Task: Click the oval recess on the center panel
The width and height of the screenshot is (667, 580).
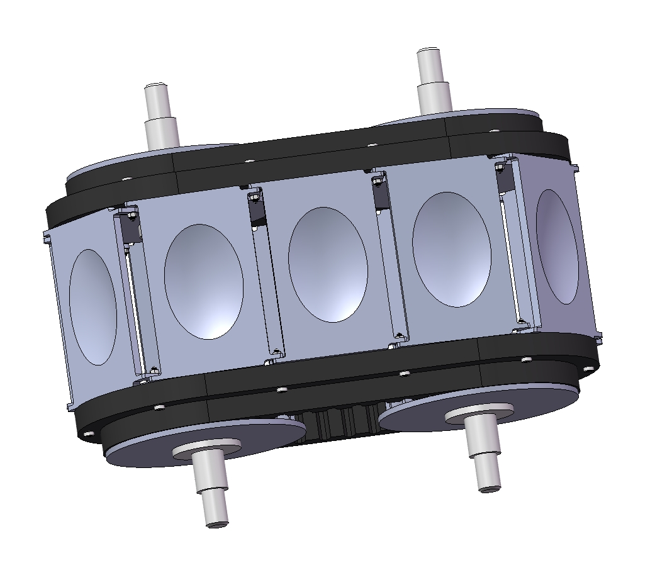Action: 327,264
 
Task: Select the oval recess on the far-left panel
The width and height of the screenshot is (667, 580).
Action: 93,306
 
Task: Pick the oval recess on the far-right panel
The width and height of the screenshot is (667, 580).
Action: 557,247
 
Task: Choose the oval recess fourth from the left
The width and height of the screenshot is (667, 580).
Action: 451,249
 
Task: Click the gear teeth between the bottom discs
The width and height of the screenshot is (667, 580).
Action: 340,421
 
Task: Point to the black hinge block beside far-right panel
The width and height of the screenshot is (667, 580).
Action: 505,180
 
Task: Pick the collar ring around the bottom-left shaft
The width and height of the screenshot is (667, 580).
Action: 207,447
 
